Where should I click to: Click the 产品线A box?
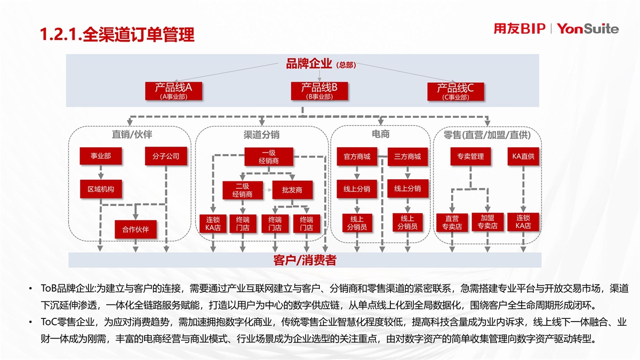173,91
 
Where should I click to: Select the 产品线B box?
319,91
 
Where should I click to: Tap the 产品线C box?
455,91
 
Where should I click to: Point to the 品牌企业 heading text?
309,64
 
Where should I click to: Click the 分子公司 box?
166,156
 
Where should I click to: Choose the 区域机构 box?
101,189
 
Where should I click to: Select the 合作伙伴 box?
135,229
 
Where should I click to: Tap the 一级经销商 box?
268,157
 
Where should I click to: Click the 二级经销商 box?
243,190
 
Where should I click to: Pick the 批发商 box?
292,190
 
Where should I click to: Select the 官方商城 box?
357,157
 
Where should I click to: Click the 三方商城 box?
407,157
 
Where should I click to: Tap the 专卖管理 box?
470,156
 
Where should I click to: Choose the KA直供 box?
523,156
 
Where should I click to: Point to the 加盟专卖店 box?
487,222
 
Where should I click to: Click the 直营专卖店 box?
452,222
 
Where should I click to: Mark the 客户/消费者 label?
305,260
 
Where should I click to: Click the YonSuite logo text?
588,29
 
